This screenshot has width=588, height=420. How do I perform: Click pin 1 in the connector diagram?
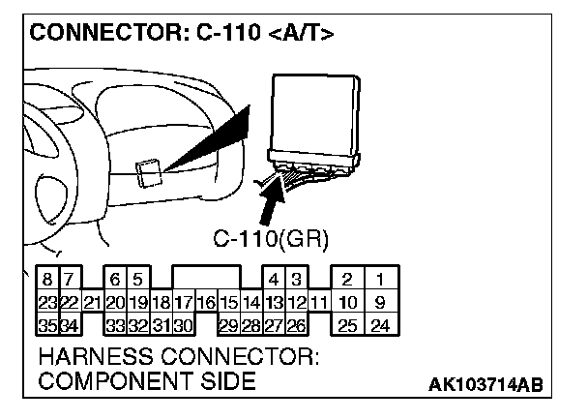pos(380,281)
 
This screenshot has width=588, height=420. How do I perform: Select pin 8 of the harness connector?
pos(44,281)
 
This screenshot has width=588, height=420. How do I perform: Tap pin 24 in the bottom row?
pos(380,324)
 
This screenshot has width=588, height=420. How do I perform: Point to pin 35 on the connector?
pos(44,324)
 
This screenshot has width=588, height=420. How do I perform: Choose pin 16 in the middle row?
pos(205,303)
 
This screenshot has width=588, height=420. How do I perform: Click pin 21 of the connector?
pos(92,303)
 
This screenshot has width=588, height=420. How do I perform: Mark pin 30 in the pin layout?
pos(183,324)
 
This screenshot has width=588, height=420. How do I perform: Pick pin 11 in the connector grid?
pos(318,303)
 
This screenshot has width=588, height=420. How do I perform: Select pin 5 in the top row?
pos(137,281)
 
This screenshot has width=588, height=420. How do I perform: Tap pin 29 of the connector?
pos(228,324)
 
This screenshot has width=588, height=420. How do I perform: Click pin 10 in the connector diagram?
pos(346,303)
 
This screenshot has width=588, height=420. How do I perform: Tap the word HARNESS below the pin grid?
pos(100,356)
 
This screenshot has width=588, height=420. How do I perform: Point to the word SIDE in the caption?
pos(225,381)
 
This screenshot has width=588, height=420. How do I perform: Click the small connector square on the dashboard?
pos(149,173)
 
